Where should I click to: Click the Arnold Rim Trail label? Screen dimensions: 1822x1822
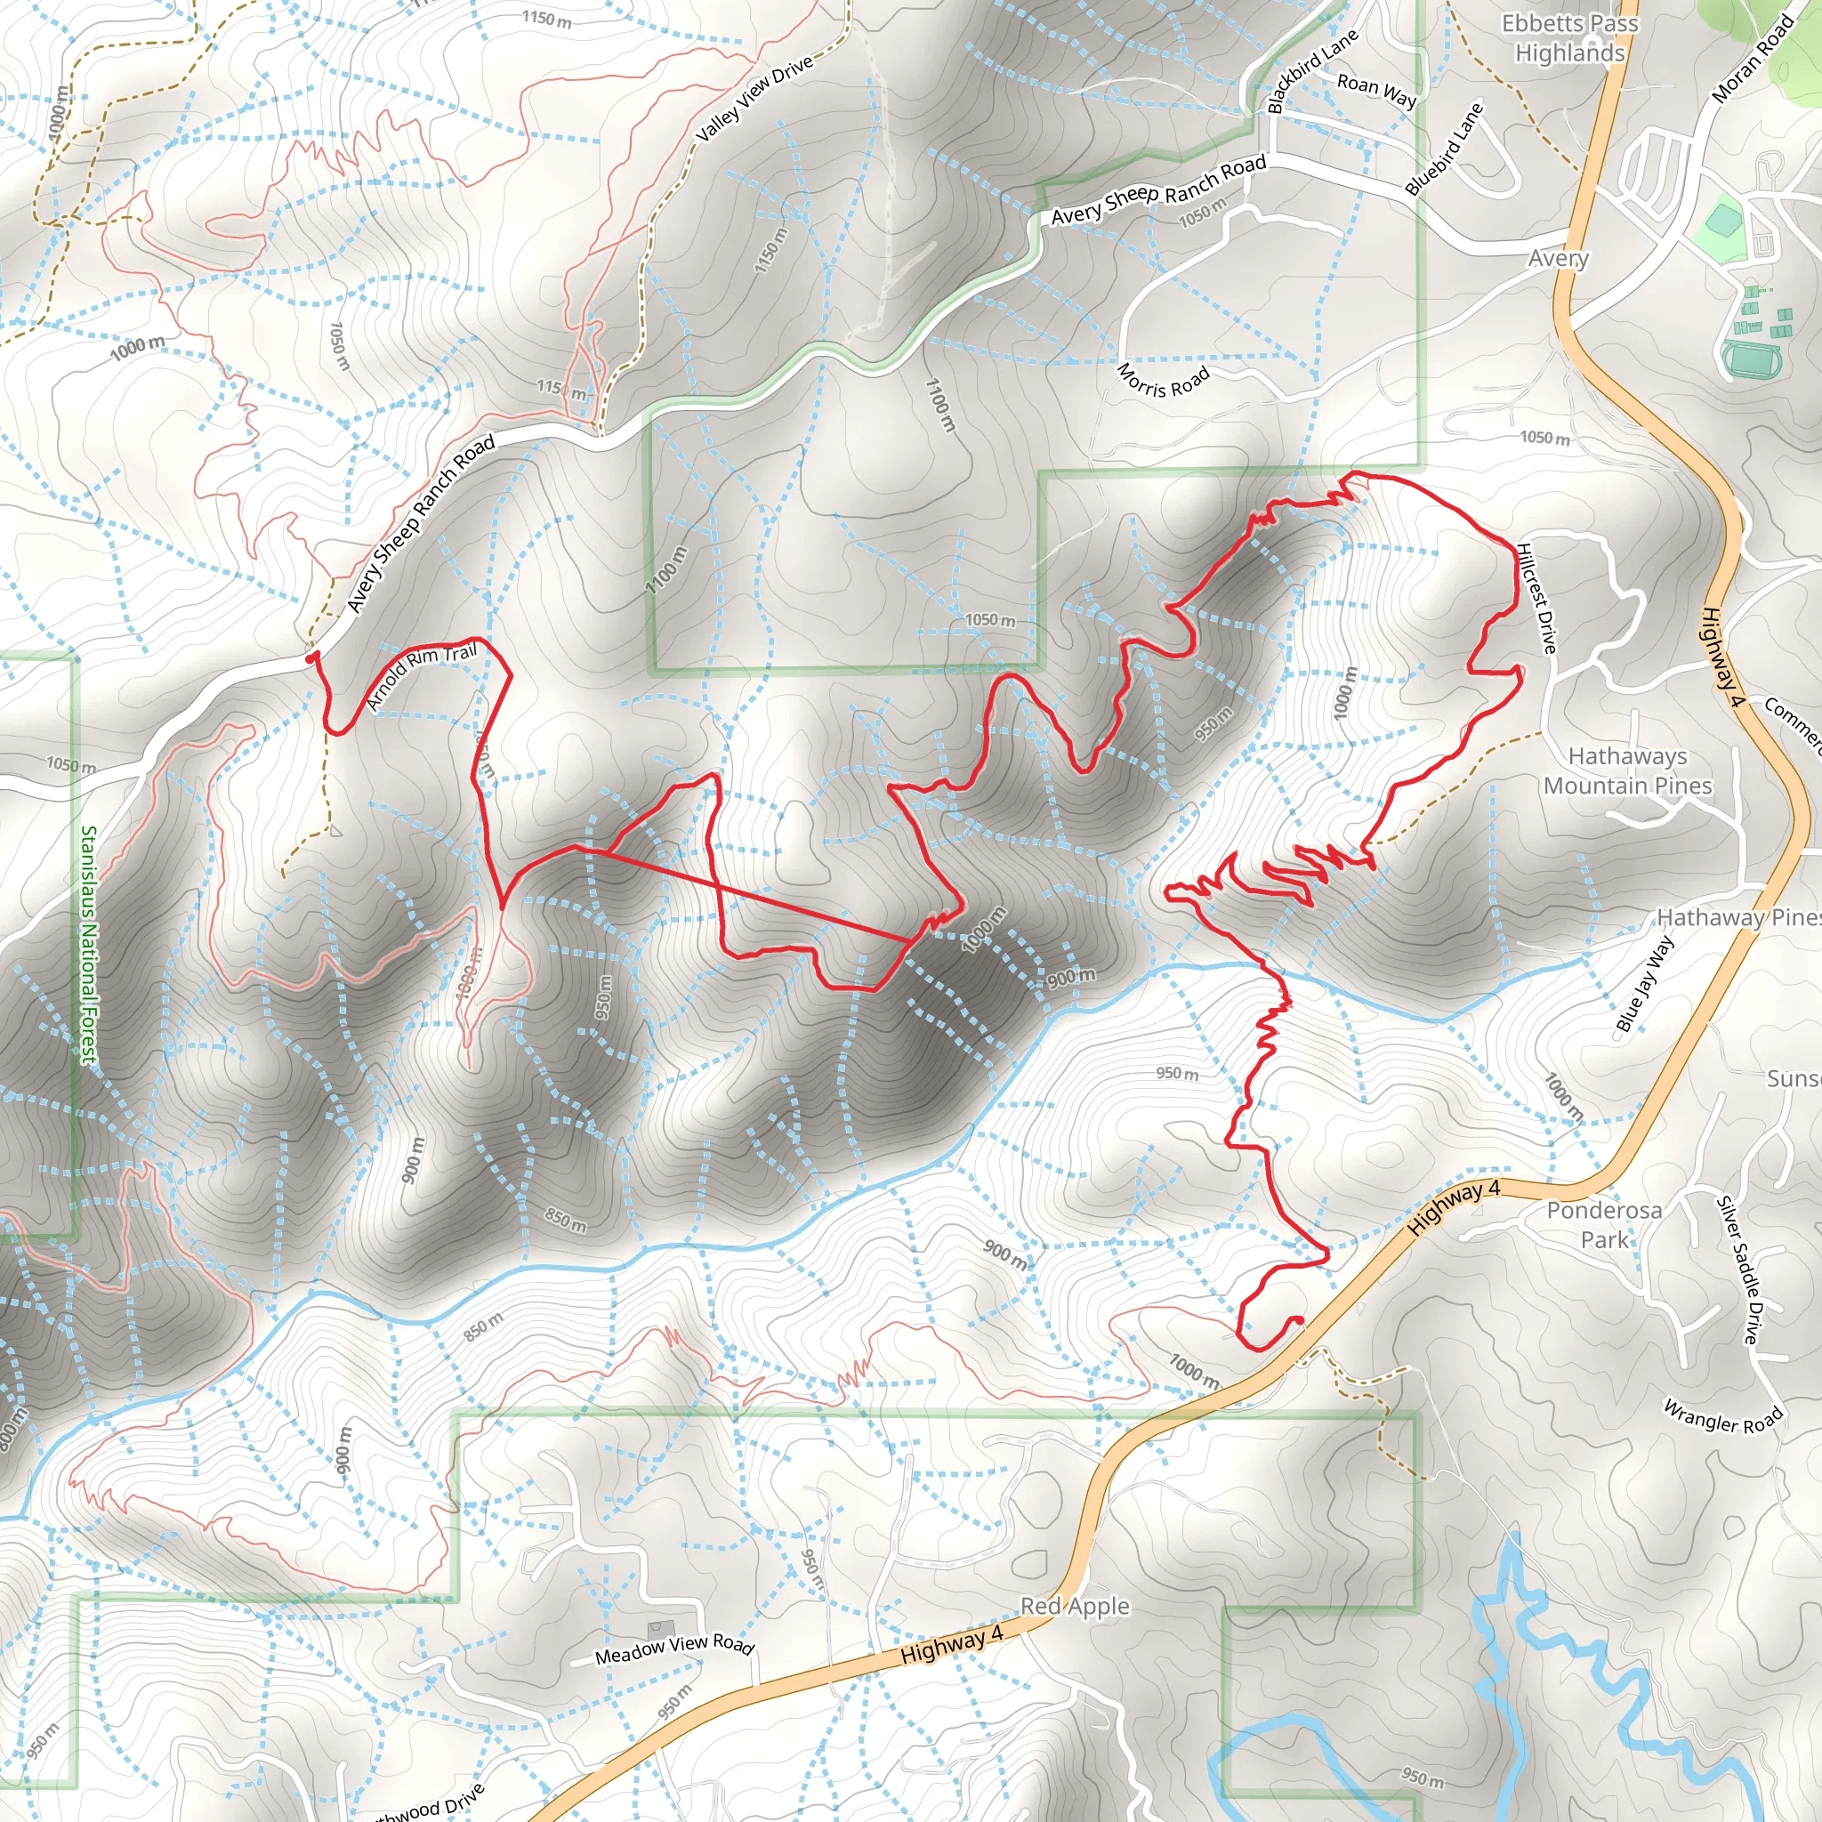tap(421, 675)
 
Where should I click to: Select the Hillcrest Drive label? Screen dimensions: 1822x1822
tap(1536, 598)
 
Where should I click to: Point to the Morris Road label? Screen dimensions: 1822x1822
tap(1162, 381)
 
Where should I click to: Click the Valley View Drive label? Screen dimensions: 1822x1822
tap(754, 98)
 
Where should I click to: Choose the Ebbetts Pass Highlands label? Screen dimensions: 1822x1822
tap(1569, 37)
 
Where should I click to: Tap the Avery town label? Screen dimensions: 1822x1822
tap(1558, 257)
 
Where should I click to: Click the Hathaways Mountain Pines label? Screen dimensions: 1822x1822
tap(1627, 770)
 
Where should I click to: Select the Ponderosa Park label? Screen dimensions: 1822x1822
tap(1603, 1224)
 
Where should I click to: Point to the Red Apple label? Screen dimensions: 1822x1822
tap(1074, 1605)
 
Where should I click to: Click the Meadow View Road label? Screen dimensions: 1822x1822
tap(674, 1649)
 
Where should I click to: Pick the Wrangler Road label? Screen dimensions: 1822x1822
tap(1722, 1416)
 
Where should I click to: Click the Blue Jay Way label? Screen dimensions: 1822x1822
tap(1645, 984)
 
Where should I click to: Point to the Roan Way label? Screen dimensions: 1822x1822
tap(1376, 90)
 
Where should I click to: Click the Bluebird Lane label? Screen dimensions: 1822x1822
tap(1443, 148)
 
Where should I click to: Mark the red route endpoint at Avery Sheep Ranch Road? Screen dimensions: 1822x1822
tap(311, 657)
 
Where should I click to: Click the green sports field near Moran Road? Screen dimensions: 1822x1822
tap(1723, 222)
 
